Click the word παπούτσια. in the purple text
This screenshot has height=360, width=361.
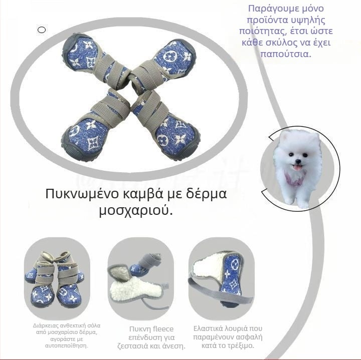tap(286, 54)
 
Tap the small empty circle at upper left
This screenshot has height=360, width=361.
tap(42, 30)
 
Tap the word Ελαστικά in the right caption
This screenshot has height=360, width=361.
tap(209, 329)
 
